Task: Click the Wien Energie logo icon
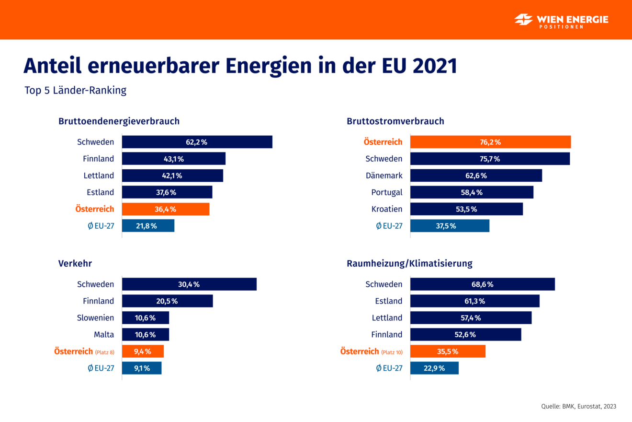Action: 524,20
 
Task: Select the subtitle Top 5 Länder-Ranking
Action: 76,91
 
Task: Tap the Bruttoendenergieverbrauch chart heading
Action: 119,121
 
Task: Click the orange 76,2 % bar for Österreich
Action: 490,142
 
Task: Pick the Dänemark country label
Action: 384,176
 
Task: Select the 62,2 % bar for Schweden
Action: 197,142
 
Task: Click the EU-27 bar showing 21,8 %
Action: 148,226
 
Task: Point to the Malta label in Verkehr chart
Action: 104,334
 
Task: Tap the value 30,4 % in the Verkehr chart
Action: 189,284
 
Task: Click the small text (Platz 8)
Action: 104,352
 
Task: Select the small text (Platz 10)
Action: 392,352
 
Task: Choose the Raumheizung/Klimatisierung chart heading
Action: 409,263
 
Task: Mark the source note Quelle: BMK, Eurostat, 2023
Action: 578,406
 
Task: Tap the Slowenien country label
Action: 96,317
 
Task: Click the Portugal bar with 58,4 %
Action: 472,192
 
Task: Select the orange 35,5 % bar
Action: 448,352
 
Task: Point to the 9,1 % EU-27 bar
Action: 142,368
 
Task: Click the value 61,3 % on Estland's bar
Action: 474,301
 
